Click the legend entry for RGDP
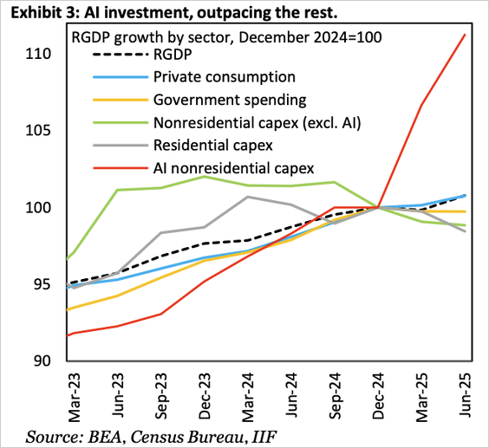pyautogui.click(x=173, y=55)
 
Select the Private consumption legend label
pyautogui.click(x=225, y=77)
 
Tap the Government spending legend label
pyautogui.click(x=229, y=100)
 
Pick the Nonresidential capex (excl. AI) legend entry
pyautogui.click(x=257, y=122)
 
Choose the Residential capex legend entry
pyautogui.click(x=212, y=145)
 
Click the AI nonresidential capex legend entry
pyautogui.click(x=233, y=167)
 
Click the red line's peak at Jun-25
pyautogui.click(x=466, y=35)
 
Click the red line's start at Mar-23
pyautogui.click(x=68, y=335)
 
